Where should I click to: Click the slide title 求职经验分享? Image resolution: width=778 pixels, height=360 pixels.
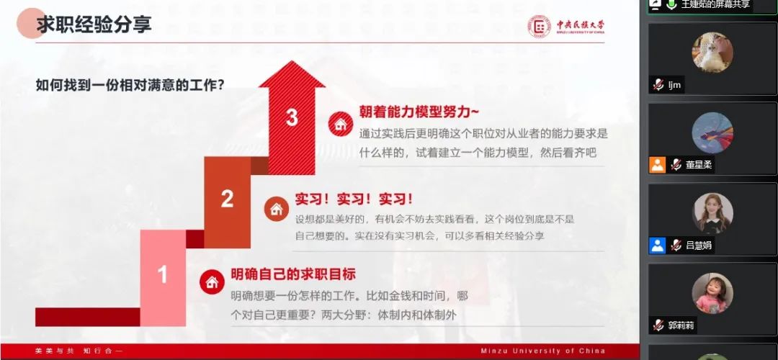tap(94, 24)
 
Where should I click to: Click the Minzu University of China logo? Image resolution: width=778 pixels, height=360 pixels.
tap(565, 27)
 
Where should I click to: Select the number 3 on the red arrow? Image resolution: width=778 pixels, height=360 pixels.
tap(291, 117)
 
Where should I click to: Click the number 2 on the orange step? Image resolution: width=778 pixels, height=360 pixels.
tap(227, 198)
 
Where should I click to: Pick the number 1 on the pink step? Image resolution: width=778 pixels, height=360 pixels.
tap(163, 274)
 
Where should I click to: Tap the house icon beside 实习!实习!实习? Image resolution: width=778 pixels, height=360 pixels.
tap(276, 210)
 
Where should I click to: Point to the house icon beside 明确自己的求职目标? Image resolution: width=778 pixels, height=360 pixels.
tap(212, 282)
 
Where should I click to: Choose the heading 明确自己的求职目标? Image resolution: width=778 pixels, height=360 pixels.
tap(293, 274)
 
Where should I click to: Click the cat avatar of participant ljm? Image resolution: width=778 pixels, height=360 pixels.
tap(712, 53)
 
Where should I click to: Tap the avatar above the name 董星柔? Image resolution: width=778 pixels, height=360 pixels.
tap(712, 133)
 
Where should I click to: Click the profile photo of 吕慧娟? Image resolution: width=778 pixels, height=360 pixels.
tap(712, 213)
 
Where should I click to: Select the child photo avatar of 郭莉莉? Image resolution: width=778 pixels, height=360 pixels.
tap(712, 293)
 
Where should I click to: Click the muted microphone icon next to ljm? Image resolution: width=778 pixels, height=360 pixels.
tap(658, 85)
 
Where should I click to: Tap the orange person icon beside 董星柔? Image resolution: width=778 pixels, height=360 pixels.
tap(658, 165)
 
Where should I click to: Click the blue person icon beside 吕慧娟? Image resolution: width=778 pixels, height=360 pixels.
tap(658, 245)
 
